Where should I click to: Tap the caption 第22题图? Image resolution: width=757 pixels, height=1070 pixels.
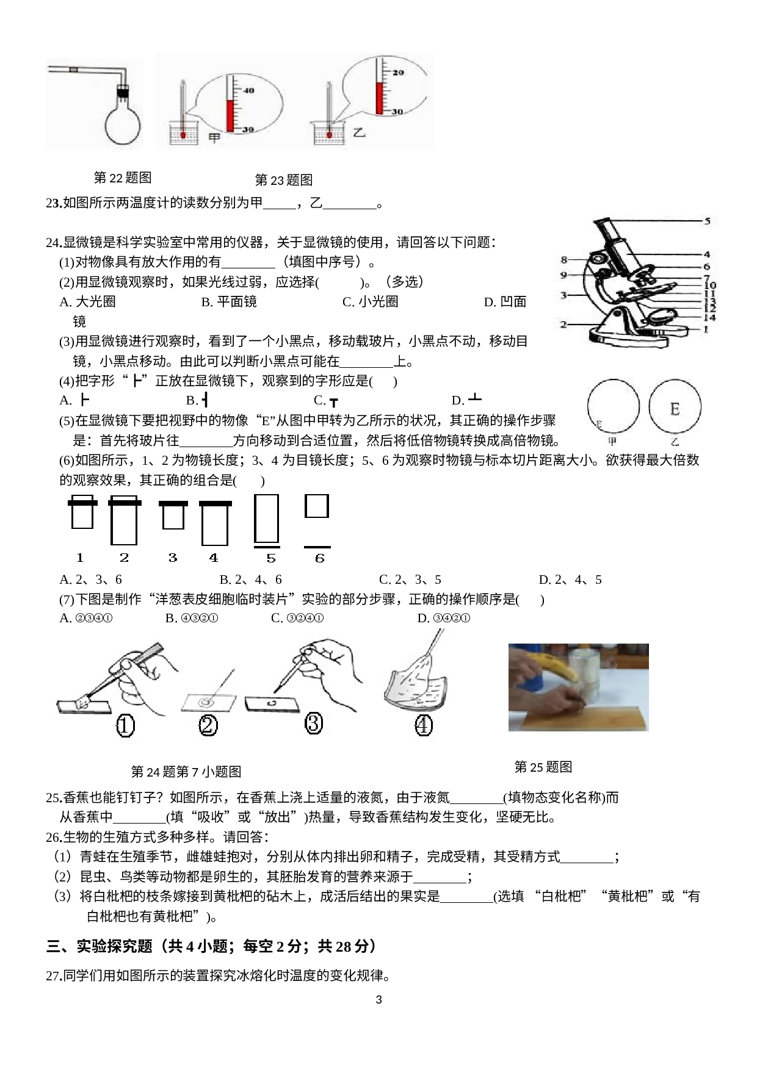(x=123, y=178)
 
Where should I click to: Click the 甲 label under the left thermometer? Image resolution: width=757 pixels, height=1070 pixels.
(x=214, y=138)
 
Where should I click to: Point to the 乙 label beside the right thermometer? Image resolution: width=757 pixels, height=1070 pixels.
(x=359, y=131)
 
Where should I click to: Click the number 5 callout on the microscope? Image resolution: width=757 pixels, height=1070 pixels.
(x=707, y=221)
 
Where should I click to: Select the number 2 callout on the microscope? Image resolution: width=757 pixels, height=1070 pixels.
(x=563, y=325)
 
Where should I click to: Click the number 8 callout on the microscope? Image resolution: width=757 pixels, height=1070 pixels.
(x=563, y=260)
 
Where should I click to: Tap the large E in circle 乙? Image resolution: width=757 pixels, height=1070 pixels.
(x=675, y=409)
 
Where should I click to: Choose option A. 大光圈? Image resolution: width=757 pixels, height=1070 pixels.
(x=87, y=301)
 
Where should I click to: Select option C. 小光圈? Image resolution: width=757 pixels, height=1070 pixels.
(x=371, y=301)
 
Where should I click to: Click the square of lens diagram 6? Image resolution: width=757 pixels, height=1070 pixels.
(x=317, y=506)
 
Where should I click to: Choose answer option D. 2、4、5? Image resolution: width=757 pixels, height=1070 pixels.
(x=570, y=580)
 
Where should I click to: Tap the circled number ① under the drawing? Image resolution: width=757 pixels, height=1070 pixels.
(x=125, y=726)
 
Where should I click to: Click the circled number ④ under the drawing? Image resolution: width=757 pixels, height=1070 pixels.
(x=424, y=725)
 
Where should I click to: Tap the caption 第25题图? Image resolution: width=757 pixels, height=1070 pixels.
(x=543, y=767)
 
